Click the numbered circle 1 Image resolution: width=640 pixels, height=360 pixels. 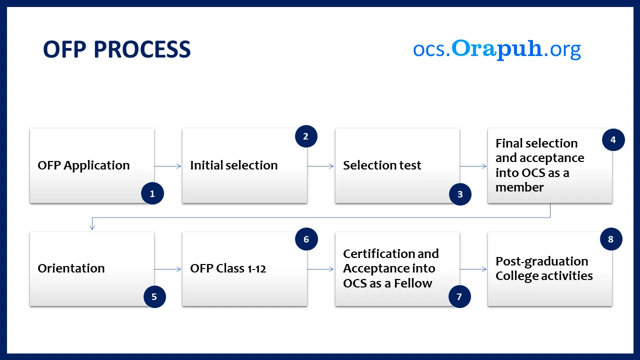click(152, 193)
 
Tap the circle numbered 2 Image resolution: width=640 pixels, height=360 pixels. click(306, 136)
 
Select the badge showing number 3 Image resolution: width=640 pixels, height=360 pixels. click(460, 194)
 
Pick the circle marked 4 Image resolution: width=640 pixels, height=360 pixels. click(613, 139)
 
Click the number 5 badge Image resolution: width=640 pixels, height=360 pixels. click(154, 296)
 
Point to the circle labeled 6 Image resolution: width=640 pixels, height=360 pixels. click(306, 239)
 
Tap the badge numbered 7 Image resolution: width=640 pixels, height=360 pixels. click(459, 296)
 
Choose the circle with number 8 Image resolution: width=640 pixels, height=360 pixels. click(611, 239)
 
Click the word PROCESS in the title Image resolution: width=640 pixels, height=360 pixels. click(142, 49)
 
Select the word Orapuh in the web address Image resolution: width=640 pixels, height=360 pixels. click(496, 48)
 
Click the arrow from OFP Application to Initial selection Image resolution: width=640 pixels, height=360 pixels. click(167, 166)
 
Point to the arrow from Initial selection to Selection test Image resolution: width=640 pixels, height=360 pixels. click(320, 166)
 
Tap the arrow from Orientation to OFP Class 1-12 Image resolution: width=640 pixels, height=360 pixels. click(167, 269)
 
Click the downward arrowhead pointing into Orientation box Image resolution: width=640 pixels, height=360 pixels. click(92, 227)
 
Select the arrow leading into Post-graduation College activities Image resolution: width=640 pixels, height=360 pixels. click(473, 269)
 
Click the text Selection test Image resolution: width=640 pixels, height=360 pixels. click(382, 165)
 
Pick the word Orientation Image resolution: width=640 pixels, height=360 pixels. click(71, 268)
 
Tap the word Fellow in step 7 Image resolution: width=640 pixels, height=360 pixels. click(413, 283)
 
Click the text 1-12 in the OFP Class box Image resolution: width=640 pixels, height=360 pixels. click(256, 269)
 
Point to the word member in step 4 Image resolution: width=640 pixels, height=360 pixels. click(519, 187)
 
